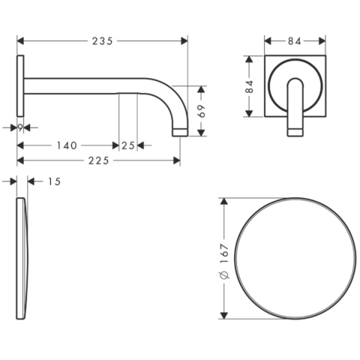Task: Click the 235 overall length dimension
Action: coord(103,41)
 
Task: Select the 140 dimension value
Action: coord(66,145)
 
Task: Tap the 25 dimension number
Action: coord(127,145)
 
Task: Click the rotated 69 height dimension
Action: coord(200,111)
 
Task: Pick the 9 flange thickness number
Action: coord(20,128)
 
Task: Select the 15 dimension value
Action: coord(51,181)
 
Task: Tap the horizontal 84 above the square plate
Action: coord(295,41)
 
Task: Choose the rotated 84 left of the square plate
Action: coord(251,85)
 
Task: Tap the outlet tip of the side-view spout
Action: coord(179,133)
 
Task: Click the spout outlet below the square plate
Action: coord(295,132)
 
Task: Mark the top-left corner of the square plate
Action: coord(265,55)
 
